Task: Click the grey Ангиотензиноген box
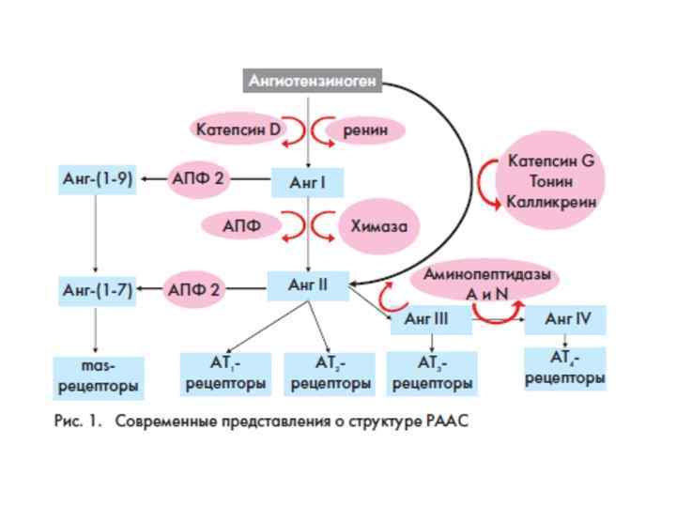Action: [x=313, y=81]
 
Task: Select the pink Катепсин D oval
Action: [x=238, y=130]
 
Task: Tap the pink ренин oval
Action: [x=365, y=130]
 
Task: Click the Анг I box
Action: [x=307, y=182]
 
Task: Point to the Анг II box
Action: [x=308, y=285]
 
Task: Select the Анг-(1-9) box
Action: [x=97, y=178]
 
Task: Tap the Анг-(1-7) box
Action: [x=97, y=291]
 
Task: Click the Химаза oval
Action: [x=378, y=225]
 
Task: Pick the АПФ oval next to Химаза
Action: [x=241, y=225]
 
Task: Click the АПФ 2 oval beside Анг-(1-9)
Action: [x=198, y=178]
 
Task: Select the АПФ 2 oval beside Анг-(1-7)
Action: [x=194, y=290]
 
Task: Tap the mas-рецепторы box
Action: [x=98, y=376]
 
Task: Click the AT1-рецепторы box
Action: [x=225, y=373]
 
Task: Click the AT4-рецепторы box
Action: [x=564, y=368]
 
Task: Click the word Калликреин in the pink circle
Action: [x=551, y=201]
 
